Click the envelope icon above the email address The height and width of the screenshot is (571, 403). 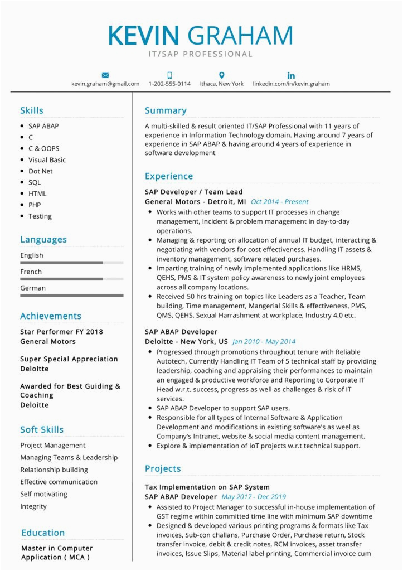105,75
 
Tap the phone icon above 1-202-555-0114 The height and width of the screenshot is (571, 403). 169,75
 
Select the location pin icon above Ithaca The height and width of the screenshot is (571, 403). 221,75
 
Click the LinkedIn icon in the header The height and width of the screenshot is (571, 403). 291,75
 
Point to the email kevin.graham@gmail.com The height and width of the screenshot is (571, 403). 105,84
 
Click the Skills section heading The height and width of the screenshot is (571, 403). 32,110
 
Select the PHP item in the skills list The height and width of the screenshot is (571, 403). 35,205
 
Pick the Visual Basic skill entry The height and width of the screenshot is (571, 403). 47,159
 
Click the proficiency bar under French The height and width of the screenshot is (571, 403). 71,279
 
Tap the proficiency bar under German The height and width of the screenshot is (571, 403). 71,295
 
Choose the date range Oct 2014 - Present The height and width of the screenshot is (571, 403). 279,202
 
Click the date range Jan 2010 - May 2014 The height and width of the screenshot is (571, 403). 264,341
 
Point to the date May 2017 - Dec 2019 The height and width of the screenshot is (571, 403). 254,496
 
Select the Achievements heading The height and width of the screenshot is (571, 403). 51,316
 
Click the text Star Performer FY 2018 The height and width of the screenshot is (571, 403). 61,332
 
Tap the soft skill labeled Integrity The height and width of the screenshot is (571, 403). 33,506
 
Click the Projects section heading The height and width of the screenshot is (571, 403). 163,468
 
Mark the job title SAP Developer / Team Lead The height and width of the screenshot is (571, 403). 193,192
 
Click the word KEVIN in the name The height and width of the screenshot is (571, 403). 144,35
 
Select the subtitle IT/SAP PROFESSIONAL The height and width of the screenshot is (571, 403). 201,54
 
